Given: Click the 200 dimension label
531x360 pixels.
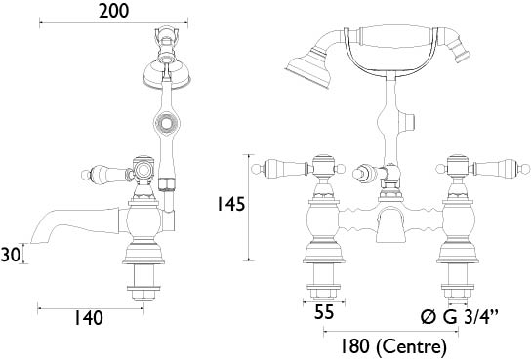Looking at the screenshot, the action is (x=114, y=11).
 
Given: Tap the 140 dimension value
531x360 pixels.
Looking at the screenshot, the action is (x=88, y=318).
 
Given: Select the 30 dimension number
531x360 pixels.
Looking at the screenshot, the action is (x=11, y=254).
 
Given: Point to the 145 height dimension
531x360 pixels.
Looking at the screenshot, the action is (x=230, y=204).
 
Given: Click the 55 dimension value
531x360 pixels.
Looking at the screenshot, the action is (x=324, y=311).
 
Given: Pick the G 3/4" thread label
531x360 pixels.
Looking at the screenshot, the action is (x=470, y=317).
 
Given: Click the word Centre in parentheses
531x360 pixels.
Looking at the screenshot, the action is (x=412, y=346).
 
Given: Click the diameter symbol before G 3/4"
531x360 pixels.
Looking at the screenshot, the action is (x=429, y=318).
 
